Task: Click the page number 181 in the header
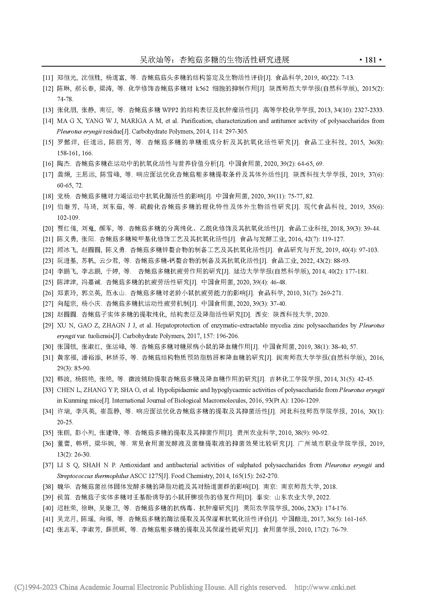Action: (x=370, y=60)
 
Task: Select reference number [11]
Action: (x=48, y=78)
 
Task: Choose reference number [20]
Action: (x=48, y=228)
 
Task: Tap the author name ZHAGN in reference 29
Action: (x=114, y=325)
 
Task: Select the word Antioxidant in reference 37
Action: (x=134, y=465)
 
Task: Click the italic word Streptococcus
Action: (x=74, y=476)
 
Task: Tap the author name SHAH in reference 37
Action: (x=91, y=465)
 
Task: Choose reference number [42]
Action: (x=48, y=530)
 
